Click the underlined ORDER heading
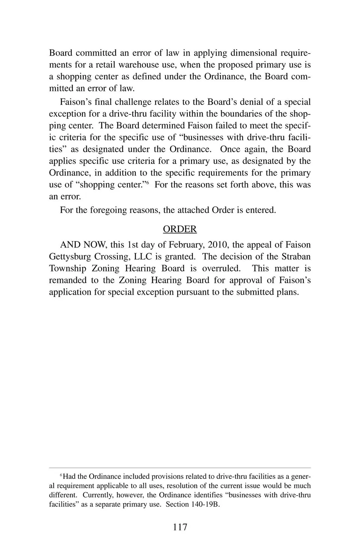coord(180,229)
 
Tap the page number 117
coord(180,527)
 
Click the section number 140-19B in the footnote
coord(206,504)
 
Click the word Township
coord(67,268)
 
